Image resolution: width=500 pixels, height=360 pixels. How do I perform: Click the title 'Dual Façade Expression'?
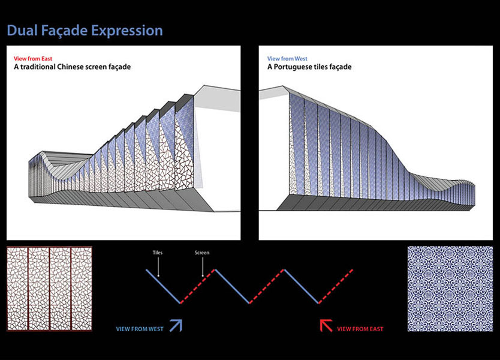click(x=85, y=31)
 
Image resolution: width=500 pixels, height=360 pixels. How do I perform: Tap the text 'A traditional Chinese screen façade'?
click(x=72, y=67)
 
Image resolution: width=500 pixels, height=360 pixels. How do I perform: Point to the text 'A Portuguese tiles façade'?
click(x=309, y=67)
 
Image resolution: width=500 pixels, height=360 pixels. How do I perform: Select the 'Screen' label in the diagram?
click(x=202, y=253)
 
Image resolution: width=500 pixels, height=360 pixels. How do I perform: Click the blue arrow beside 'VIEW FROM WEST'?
click(x=176, y=326)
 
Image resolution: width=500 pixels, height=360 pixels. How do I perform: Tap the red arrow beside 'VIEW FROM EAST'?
click(x=326, y=326)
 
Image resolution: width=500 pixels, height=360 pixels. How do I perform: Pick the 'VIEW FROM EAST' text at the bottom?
click(x=360, y=329)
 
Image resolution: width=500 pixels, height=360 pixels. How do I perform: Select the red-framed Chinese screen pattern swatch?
click(x=49, y=289)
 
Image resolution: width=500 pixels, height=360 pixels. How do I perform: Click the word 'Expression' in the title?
click(x=128, y=31)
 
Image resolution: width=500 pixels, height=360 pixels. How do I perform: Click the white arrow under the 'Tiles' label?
click(x=157, y=267)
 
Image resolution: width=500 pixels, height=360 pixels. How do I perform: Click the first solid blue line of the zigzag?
click(x=164, y=286)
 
